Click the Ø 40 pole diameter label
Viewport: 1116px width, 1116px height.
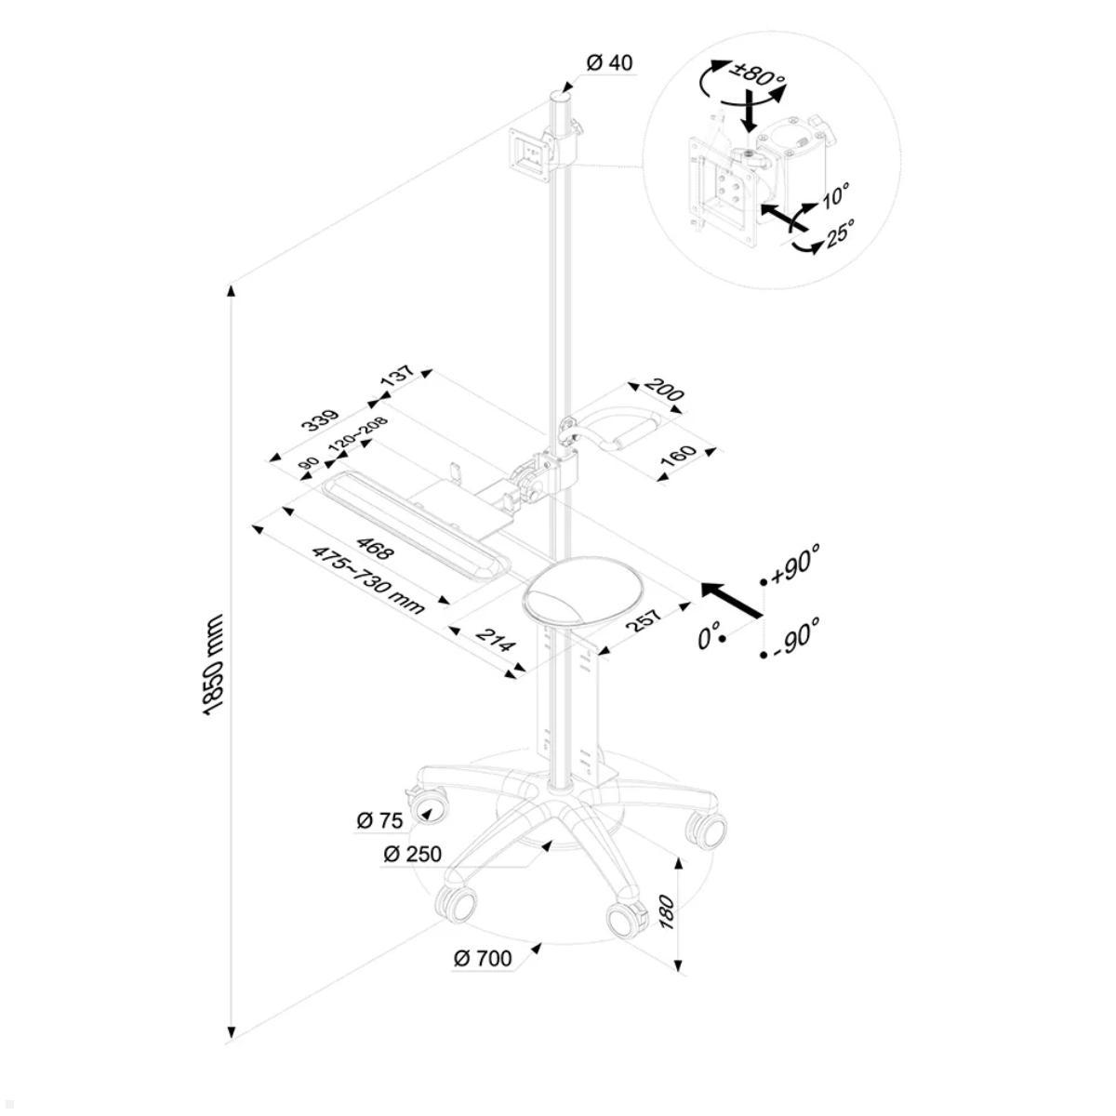tap(609, 63)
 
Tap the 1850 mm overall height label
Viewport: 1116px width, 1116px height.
tap(213, 664)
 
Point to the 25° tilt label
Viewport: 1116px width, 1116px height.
tap(839, 232)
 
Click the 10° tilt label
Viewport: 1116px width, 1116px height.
tap(834, 196)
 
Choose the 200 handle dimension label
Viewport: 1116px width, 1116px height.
tap(664, 390)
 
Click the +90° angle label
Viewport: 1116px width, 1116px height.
tap(795, 562)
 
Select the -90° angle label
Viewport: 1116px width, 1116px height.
tap(795, 634)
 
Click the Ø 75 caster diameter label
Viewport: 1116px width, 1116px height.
tap(379, 820)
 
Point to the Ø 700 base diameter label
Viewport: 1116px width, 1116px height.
tap(483, 958)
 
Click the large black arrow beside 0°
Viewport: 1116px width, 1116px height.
tap(731, 599)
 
